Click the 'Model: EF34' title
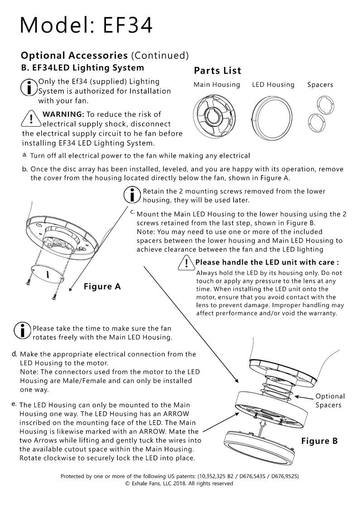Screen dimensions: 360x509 (x=86, y=25)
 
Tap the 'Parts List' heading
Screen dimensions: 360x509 (x=217, y=71)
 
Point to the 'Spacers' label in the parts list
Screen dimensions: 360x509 (x=320, y=85)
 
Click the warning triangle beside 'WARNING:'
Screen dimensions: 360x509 (x=31, y=119)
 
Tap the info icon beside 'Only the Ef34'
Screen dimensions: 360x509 (x=29, y=88)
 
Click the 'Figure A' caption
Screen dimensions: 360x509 (x=102, y=286)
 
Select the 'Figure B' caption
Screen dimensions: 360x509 (x=319, y=441)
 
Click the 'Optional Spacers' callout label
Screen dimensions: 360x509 (x=330, y=400)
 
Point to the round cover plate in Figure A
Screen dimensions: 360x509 (x=48, y=272)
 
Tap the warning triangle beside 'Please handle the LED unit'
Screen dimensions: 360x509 (x=186, y=262)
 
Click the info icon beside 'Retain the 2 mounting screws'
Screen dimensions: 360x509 (x=132, y=195)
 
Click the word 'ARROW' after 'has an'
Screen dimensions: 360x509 (x=176, y=414)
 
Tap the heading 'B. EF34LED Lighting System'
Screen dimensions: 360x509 (x=82, y=67)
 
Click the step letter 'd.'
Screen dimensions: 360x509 (x=14, y=354)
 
